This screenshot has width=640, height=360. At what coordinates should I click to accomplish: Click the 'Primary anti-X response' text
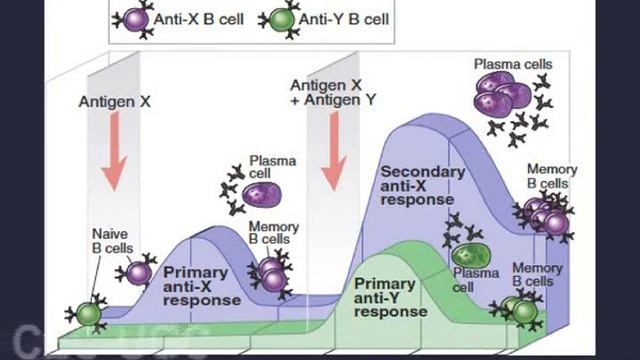(202, 285)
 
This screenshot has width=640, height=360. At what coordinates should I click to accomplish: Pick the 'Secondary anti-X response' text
(423, 185)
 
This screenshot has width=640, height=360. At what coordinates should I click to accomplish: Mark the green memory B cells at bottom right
(516, 310)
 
